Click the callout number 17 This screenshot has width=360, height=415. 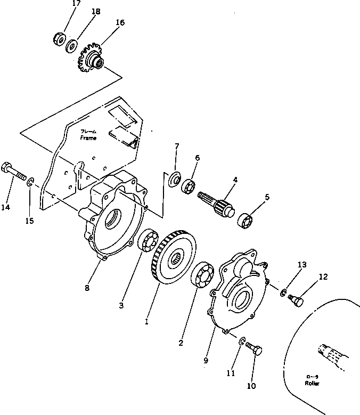click(77, 3)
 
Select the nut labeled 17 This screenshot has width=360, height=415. click(60, 38)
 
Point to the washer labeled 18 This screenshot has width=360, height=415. click(71, 46)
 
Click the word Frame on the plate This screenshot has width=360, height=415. click(88, 138)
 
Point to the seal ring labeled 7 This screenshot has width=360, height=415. click(173, 179)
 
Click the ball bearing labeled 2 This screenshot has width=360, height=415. click(202, 275)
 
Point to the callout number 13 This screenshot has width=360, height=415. click(302, 265)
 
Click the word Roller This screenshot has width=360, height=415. click(313, 383)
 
